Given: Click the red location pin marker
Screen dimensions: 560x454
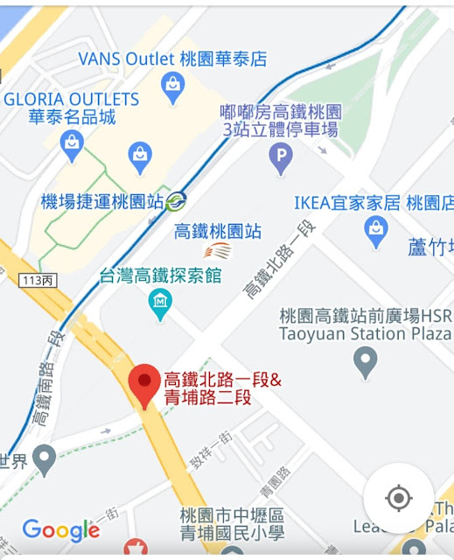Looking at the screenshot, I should coord(143,384).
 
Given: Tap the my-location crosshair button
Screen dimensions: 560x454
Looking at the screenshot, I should coord(398,498).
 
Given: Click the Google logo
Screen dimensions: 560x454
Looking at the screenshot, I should coord(60,530).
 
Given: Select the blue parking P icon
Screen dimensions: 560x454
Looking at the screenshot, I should coord(281,159).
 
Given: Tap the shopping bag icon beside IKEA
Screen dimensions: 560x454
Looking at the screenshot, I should coord(376,230).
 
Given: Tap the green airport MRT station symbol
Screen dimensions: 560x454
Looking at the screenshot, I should coord(177,201).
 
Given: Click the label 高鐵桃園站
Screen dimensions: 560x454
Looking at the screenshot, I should coord(218,232).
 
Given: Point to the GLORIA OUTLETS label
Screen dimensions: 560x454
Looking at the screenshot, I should coord(72,99).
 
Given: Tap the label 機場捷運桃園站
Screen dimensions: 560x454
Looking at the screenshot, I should coord(102,201).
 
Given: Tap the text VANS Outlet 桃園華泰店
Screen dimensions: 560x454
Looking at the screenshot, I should coord(172,59).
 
